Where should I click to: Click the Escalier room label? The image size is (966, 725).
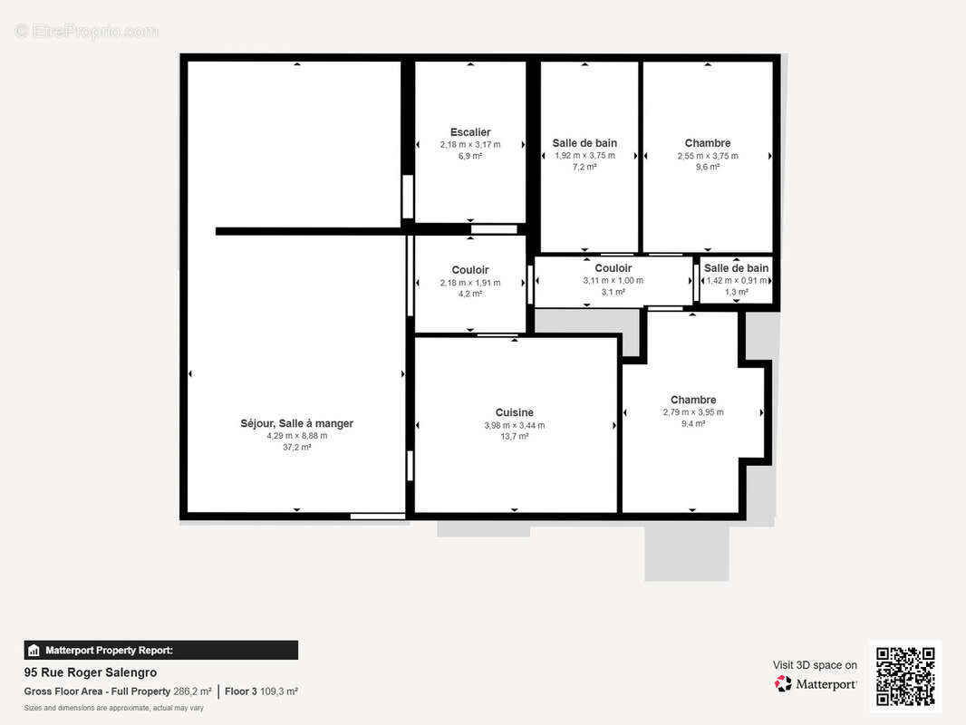(470, 132)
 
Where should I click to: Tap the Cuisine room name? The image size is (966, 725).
(515, 412)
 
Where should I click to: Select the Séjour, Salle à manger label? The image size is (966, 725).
(297, 424)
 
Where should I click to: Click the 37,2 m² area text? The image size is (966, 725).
(297, 447)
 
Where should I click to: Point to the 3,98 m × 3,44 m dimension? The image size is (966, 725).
(515, 426)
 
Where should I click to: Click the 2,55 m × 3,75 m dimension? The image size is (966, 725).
(708, 156)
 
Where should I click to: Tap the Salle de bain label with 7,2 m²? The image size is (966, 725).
(584, 143)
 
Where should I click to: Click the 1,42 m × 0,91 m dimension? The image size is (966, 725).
(737, 281)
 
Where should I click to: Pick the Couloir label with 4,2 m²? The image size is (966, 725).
(470, 270)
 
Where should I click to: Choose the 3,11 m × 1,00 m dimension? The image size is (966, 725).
(613, 281)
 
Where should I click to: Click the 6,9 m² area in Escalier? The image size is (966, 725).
(470, 157)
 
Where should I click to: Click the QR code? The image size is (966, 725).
(905, 676)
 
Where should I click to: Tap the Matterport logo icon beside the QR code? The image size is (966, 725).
(783, 683)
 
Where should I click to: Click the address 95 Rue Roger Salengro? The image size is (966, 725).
(91, 672)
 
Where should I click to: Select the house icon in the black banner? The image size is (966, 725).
(34, 651)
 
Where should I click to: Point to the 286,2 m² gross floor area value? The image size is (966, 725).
(192, 691)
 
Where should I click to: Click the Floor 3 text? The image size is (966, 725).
(241, 691)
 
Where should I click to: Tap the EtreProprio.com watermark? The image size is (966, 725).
(87, 31)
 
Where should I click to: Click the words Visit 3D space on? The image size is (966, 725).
(815, 665)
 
